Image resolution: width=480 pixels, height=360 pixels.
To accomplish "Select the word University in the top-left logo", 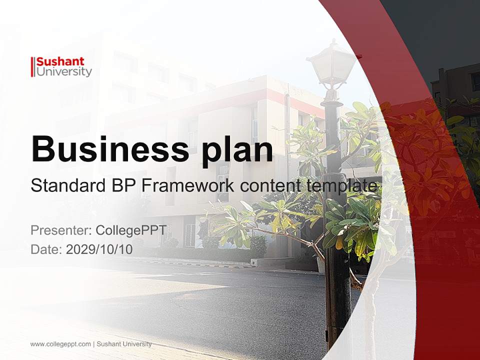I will pos(64,72).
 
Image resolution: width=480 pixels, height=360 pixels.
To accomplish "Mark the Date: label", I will pos(46,249).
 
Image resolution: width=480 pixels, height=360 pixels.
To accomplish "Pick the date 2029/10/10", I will pos(99,249).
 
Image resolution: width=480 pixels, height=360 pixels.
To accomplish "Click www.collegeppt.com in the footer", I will pos(60,344).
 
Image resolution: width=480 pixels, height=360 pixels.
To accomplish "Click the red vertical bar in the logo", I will pos(33,67).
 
